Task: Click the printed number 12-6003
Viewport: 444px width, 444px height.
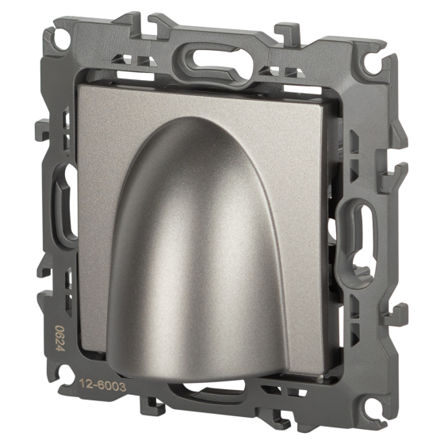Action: click(x=102, y=385)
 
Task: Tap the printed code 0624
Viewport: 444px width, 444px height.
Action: click(x=59, y=338)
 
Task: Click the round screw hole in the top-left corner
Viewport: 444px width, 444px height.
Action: click(x=63, y=40)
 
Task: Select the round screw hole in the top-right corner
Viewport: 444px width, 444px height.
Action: click(x=373, y=65)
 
